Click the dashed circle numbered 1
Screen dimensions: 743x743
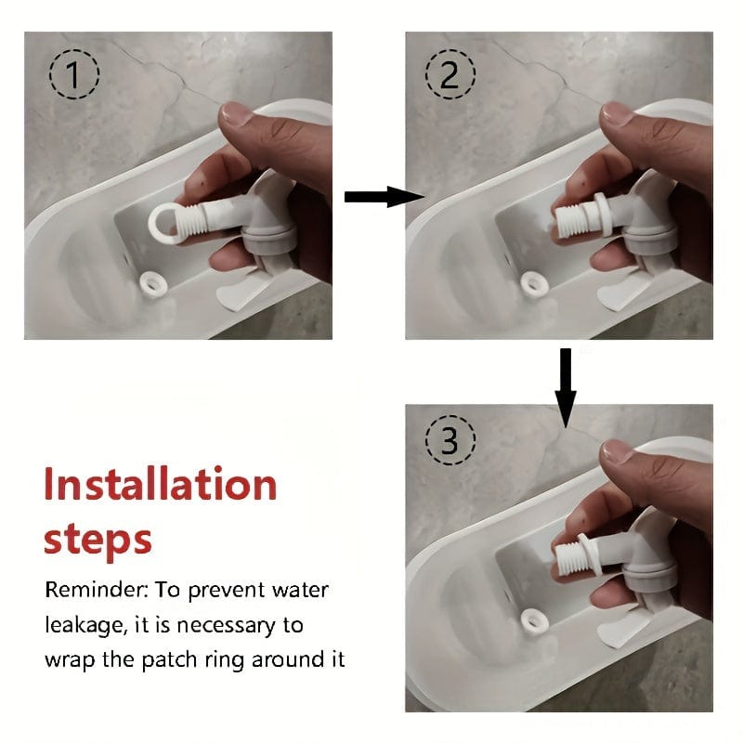[x=74, y=74]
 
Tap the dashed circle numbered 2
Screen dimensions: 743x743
[x=450, y=74]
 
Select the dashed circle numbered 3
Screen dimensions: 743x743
[x=450, y=440]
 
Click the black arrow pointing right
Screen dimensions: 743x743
[x=385, y=197]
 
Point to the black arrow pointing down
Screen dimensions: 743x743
[x=566, y=388]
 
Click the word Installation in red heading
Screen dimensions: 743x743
[x=160, y=484]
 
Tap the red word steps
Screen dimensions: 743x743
[x=98, y=540]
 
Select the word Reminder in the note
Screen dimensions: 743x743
[x=97, y=590]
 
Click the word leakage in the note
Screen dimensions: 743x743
[x=86, y=625]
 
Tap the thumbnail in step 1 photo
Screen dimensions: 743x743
[x=237, y=113]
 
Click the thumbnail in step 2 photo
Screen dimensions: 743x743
[x=617, y=113]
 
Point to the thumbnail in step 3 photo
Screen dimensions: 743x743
[x=617, y=451]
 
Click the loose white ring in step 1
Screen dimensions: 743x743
[x=153, y=285]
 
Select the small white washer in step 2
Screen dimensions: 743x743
[x=535, y=285]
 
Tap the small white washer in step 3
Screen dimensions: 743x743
[x=535, y=621]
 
